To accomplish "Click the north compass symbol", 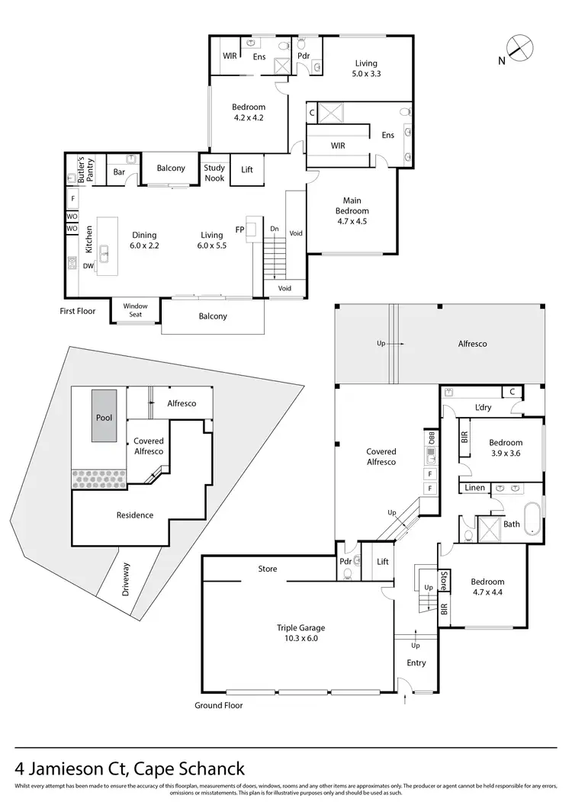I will click(x=519, y=48).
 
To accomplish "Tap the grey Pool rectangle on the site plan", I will click(x=104, y=416).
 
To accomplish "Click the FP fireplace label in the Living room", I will click(x=240, y=229).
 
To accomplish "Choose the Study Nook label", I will click(x=214, y=174).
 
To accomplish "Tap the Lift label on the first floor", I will click(x=247, y=169).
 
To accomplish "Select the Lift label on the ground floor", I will click(x=383, y=562).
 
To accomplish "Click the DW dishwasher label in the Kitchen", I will click(x=88, y=266).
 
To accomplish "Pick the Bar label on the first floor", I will click(x=119, y=172).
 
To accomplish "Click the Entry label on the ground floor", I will click(x=416, y=662).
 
